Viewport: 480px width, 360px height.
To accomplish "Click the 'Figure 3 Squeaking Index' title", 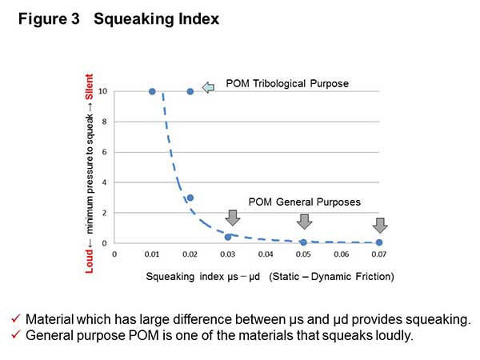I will click(119, 19).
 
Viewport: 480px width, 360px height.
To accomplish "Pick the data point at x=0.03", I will click(228, 237).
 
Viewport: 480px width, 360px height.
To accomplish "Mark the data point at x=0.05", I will click(303, 242).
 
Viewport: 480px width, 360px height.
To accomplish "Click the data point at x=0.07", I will click(379, 242).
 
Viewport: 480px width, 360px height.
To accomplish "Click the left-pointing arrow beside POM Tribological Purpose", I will click(209, 87).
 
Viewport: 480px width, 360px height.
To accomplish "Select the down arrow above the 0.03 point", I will click(233, 218).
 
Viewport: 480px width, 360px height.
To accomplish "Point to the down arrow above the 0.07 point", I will click(380, 225).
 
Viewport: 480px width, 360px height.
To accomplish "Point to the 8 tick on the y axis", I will click(105, 122).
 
